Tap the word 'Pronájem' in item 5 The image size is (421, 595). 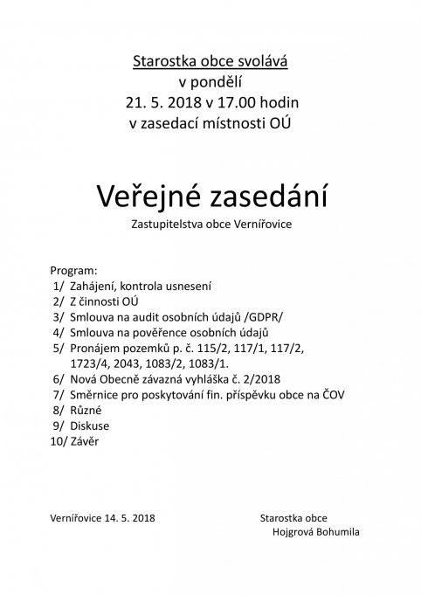94,349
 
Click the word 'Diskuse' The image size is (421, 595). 90,427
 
